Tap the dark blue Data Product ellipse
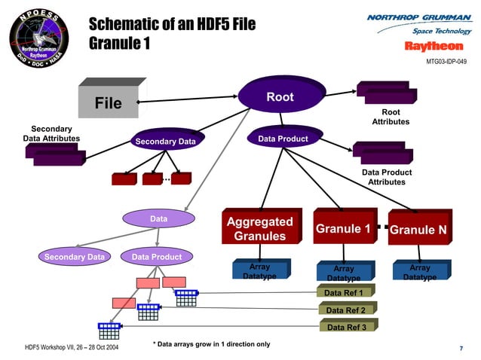tap(283, 139)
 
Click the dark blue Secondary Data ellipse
tap(169, 141)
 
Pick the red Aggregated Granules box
tap(260, 228)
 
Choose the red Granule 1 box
tap(343, 228)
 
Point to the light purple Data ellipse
tap(158, 219)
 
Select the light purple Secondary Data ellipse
tap(74, 257)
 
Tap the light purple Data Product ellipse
tap(157, 257)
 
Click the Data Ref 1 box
tap(345, 292)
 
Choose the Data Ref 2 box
tap(345, 310)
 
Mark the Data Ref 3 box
tap(346, 327)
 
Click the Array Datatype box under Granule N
tap(420, 272)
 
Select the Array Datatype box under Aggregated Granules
tap(259, 271)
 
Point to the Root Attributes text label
tap(391, 117)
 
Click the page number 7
tap(461, 348)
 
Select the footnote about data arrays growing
tap(211, 344)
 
